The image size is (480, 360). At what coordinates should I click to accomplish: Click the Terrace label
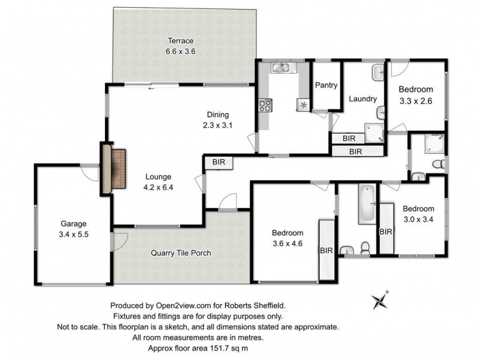click(x=180, y=41)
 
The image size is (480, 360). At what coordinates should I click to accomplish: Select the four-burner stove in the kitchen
click(x=265, y=106)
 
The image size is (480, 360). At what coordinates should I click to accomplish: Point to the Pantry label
click(x=326, y=85)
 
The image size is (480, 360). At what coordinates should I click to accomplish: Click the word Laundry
click(x=362, y=99)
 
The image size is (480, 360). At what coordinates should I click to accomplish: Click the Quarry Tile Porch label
click(x=181, y=253)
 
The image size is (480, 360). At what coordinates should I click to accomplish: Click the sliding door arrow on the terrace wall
click(x=151, y=89)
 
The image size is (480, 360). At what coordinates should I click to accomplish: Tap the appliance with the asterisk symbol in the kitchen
click(x=302, y=105)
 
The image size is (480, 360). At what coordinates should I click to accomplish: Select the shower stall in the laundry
click(x=376, y=132)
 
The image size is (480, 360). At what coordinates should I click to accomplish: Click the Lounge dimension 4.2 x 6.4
click(x=158, y=187)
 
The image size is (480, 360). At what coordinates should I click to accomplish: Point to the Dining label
click(x=218, y=115)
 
